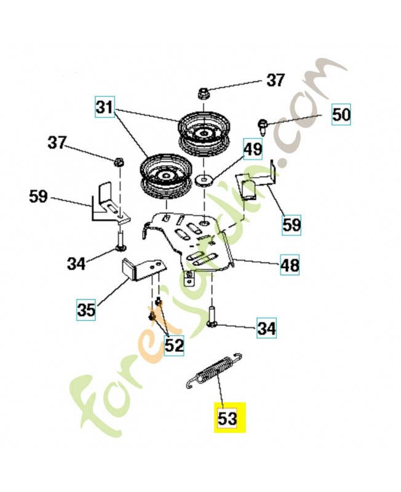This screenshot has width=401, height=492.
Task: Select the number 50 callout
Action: click(x=341, y=115)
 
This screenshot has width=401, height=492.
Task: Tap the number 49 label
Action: click(x=253, y=149)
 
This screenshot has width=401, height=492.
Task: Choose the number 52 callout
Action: click(x=174, y=345)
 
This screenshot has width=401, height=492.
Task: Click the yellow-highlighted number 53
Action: click(x=228, y=418)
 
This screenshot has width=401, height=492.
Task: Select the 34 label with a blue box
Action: click(x=266, y=328)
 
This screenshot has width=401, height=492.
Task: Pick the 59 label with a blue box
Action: click(x=292, y=224)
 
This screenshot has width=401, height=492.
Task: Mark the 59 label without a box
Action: click(x=38, y=197)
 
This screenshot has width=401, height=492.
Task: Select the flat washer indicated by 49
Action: click(x=204, y=180)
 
